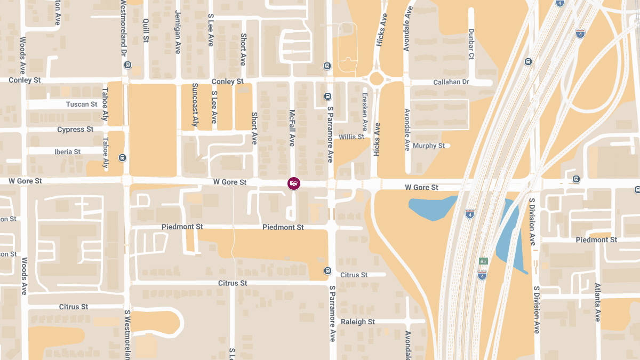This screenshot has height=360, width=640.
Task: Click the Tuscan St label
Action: pos(82,104)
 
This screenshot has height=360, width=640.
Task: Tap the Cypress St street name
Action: pos(75,130)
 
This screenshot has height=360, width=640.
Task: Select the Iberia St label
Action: pos(67,152)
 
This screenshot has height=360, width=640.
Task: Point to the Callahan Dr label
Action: pos(451,82)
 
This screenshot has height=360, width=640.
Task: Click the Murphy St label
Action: pos(428,146)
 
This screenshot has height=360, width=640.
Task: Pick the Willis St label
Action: pos(351,137)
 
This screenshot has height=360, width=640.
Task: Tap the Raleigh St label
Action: pos(358,322)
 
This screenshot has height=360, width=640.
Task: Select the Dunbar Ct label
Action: pos(471,44)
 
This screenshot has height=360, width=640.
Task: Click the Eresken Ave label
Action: pos(365,112)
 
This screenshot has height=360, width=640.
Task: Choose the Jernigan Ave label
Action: pos(178,33)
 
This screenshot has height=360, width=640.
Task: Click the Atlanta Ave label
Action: pos(597,302)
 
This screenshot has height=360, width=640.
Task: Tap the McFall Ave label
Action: pos(292,128)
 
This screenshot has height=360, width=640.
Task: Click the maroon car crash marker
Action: pos(293,183)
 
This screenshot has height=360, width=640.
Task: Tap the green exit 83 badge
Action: pos(483,261)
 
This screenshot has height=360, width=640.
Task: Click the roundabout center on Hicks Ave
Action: pos(376,79)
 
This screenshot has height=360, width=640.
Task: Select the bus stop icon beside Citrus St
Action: pos(327,270)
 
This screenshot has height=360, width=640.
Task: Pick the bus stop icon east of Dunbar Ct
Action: pos(528,61)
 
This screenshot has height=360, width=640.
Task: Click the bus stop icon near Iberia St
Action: pos(123,158)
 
